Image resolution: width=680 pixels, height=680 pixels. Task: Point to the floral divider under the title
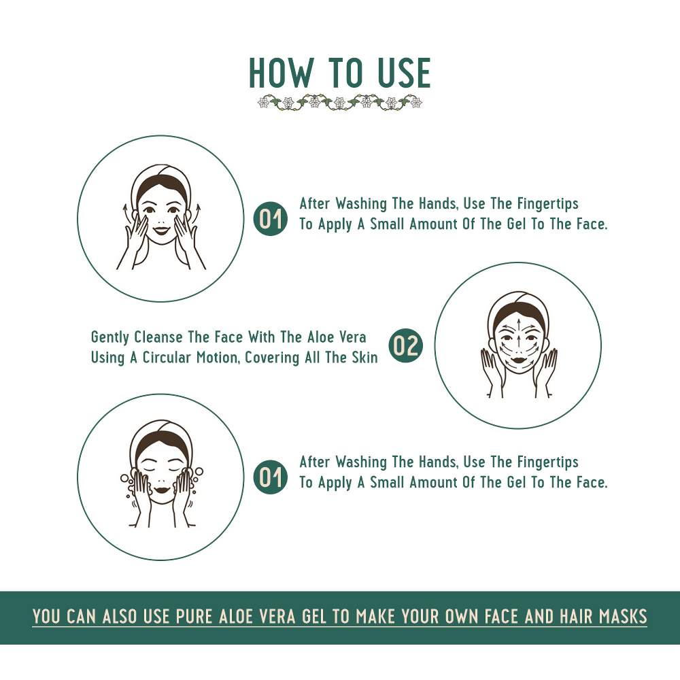[340, 103]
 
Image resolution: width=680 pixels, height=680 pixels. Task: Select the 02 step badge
[405, 346]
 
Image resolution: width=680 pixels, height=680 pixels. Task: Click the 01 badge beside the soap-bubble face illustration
[270, 477]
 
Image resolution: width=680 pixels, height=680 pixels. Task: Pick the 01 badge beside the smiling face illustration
[270, 218]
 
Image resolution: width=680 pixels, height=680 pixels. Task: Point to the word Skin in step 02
[364, 358]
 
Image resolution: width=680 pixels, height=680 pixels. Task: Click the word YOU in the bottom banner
[47, 617]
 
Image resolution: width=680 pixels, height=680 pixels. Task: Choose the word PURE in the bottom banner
[195, 617]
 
